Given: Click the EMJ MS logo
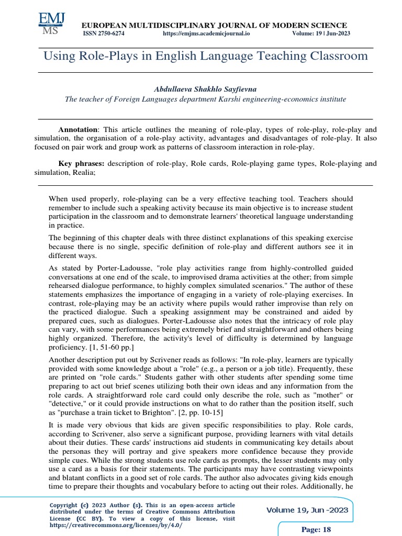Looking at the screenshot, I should [x=51, y=24].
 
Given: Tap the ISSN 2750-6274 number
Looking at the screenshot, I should [x=104, y=33].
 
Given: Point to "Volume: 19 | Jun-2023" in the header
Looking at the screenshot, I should [x=321, y=33].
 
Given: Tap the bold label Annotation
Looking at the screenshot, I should [x=78, y=129].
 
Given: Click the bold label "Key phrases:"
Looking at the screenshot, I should [x=81, y=164].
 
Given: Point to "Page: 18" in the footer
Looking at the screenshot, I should [x=317, y=530].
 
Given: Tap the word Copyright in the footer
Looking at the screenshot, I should [x=65, y=505].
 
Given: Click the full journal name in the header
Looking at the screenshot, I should [x=213, y=25].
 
